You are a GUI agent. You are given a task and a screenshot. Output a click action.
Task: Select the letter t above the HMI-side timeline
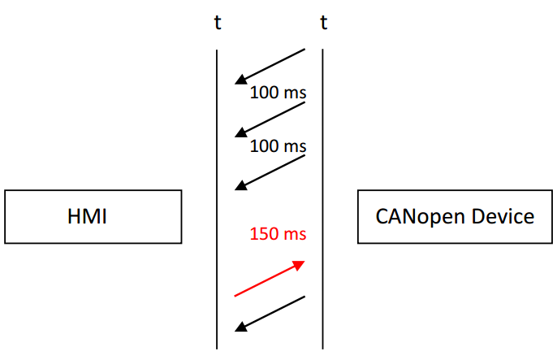(x=218, y=23)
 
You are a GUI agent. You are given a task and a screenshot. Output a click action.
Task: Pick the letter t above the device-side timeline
(x=324, y=23)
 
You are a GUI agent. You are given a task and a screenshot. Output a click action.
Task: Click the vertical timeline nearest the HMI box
(x=217, y=199)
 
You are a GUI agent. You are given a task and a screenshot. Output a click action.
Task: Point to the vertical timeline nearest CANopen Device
(x=322, y=199)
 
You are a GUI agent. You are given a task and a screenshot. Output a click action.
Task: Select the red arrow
(x=270, y=278)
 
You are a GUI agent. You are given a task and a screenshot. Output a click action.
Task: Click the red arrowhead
(x=299, y=265)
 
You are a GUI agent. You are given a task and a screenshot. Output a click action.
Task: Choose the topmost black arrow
(x=270, y=67)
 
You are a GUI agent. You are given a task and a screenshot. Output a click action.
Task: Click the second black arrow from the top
(x=270, y=119)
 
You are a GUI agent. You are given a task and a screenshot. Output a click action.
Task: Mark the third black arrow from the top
(x=270, y=173)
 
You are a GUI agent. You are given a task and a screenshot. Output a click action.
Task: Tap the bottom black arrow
(x=270, y=314)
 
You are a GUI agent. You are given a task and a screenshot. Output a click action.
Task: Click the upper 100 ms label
(x=278, y=93)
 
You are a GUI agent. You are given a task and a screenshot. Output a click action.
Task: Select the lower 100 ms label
(x=278, y=146)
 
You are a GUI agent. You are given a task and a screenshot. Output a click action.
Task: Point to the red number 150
(x=264, y=234)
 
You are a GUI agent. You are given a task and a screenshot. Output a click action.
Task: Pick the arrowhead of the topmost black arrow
(x=241, y=80)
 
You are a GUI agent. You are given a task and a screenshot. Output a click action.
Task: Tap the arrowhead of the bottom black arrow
(x=241, y=327)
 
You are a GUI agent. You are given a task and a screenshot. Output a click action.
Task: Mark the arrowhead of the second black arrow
(x=241, y=132)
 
